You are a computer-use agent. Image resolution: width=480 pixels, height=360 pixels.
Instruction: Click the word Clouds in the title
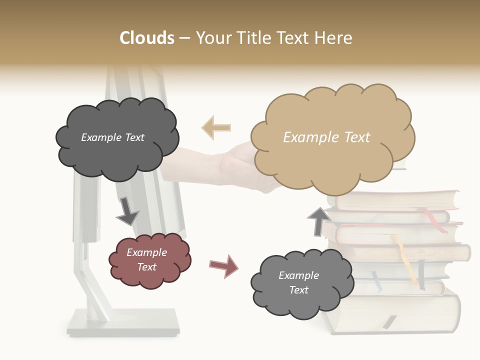[147, 38]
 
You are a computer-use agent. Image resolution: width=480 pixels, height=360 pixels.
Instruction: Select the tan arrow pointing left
[216, 127]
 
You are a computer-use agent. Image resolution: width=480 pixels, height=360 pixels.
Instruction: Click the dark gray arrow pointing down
[127, 211]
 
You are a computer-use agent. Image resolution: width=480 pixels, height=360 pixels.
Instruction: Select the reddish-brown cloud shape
[149, 260]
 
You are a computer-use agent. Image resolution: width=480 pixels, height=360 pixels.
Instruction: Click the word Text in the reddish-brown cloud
[147, 267]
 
